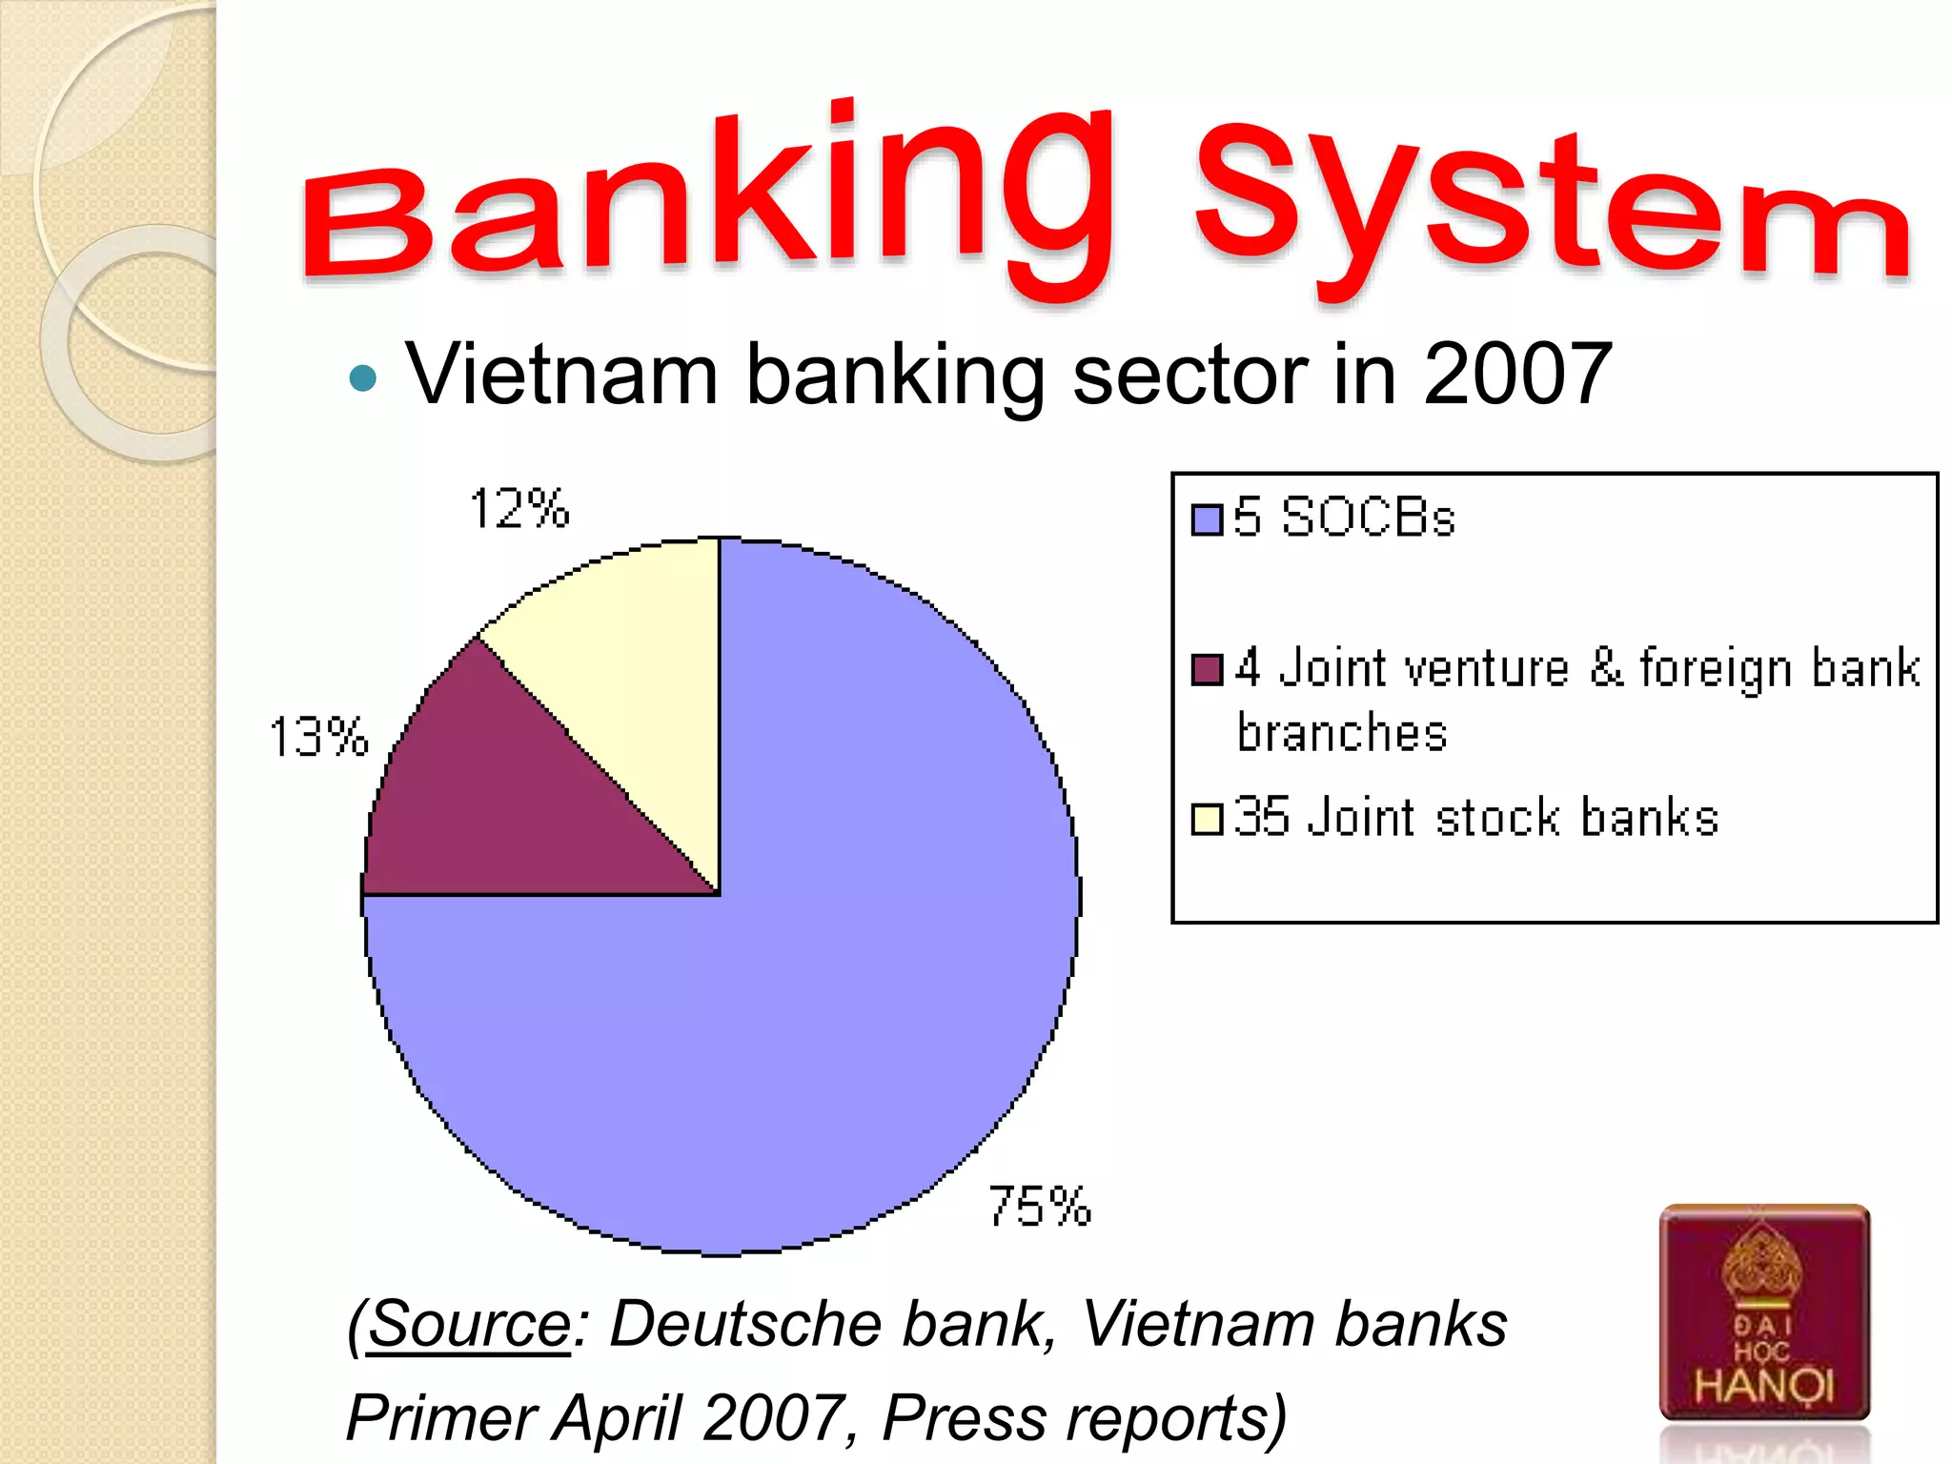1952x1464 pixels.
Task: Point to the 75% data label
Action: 1039,1207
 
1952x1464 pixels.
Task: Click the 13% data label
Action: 318,737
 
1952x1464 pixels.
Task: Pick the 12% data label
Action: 519,508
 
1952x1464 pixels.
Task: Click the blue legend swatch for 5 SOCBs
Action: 1207,519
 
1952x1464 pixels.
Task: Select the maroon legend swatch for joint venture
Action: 1207,669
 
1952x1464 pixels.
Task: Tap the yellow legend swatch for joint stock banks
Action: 1207,819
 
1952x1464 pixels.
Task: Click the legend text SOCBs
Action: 1368,518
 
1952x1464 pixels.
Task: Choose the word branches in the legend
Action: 1342,733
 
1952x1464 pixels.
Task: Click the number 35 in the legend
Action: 1262,817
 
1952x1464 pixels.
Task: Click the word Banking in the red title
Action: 705,200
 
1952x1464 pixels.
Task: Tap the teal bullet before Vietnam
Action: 363,378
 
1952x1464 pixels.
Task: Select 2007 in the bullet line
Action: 1517,375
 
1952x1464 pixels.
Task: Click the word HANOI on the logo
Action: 1763,1385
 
